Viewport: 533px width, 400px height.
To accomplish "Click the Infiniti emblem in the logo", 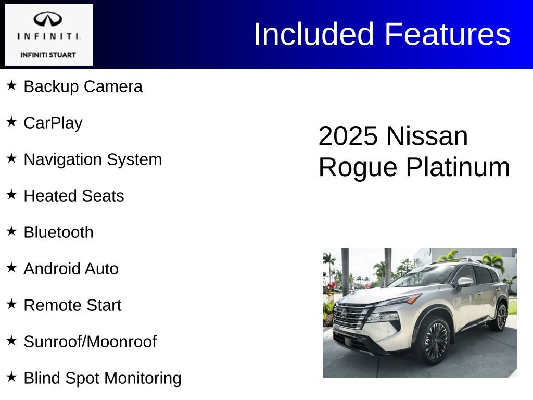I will [x=48, y=20].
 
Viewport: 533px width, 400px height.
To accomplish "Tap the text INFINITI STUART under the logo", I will [x=48, y=55].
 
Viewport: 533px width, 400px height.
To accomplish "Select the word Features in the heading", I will [x=447, y=34].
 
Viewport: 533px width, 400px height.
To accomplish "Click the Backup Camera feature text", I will [x=83, y=86].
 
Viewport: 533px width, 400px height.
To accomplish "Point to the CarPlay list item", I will [x=53, y=123].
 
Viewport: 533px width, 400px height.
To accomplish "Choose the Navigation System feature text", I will [x=93, y=159].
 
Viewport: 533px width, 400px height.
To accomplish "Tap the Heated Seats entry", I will [x=74, y=196].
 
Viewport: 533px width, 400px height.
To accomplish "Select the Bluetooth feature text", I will [x=59, y=232].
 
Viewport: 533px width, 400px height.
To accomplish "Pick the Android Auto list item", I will [x=71, y=269].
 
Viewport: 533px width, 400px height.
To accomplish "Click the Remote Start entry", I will [x=72, y=305].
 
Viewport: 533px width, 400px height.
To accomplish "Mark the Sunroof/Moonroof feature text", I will [x=90, y=342].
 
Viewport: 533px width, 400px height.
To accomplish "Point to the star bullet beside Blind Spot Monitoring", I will [x=11, y=376].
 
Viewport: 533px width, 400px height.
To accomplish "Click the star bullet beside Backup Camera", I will [x=11, y=84].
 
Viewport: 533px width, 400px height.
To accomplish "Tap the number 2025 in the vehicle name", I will [x=348, y=136].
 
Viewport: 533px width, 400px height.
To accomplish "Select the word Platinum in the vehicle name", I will [x=458, y=168].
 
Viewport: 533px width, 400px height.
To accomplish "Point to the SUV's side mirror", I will [x=465, y=282].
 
